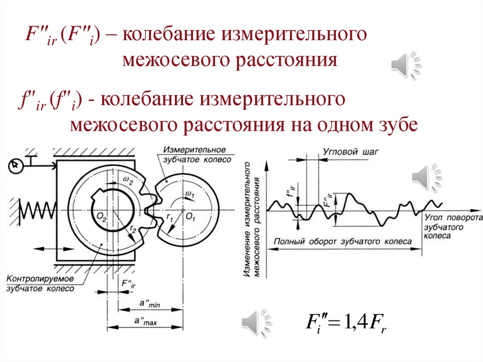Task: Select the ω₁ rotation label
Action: coord(189,194)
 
